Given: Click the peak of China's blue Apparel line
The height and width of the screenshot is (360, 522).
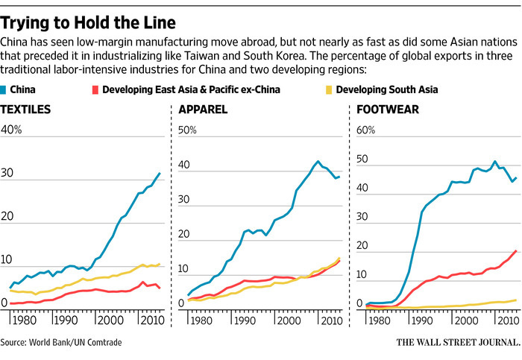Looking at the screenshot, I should coord(318,161).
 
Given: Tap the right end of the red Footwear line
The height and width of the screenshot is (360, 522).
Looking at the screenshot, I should coord(516,250).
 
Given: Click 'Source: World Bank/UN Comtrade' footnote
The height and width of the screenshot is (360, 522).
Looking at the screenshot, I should coord(60,342).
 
